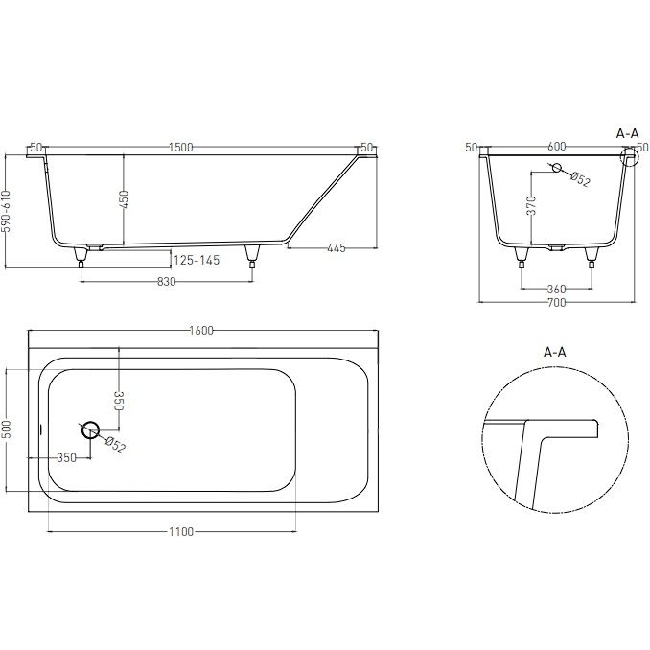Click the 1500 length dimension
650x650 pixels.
(x=181, y=148)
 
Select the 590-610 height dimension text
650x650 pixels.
(x=6, y=212)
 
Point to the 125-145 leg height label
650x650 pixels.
(x=197, y=261)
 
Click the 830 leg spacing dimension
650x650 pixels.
(x=166, y=282)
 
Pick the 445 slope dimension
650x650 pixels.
(x=337, y=248)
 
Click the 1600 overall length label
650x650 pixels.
(x=201, y=331)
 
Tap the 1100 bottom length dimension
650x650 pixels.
(x=181, y=531)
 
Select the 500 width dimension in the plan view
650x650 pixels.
(x=6, y=429)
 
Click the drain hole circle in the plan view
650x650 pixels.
(x=90, y=429)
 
